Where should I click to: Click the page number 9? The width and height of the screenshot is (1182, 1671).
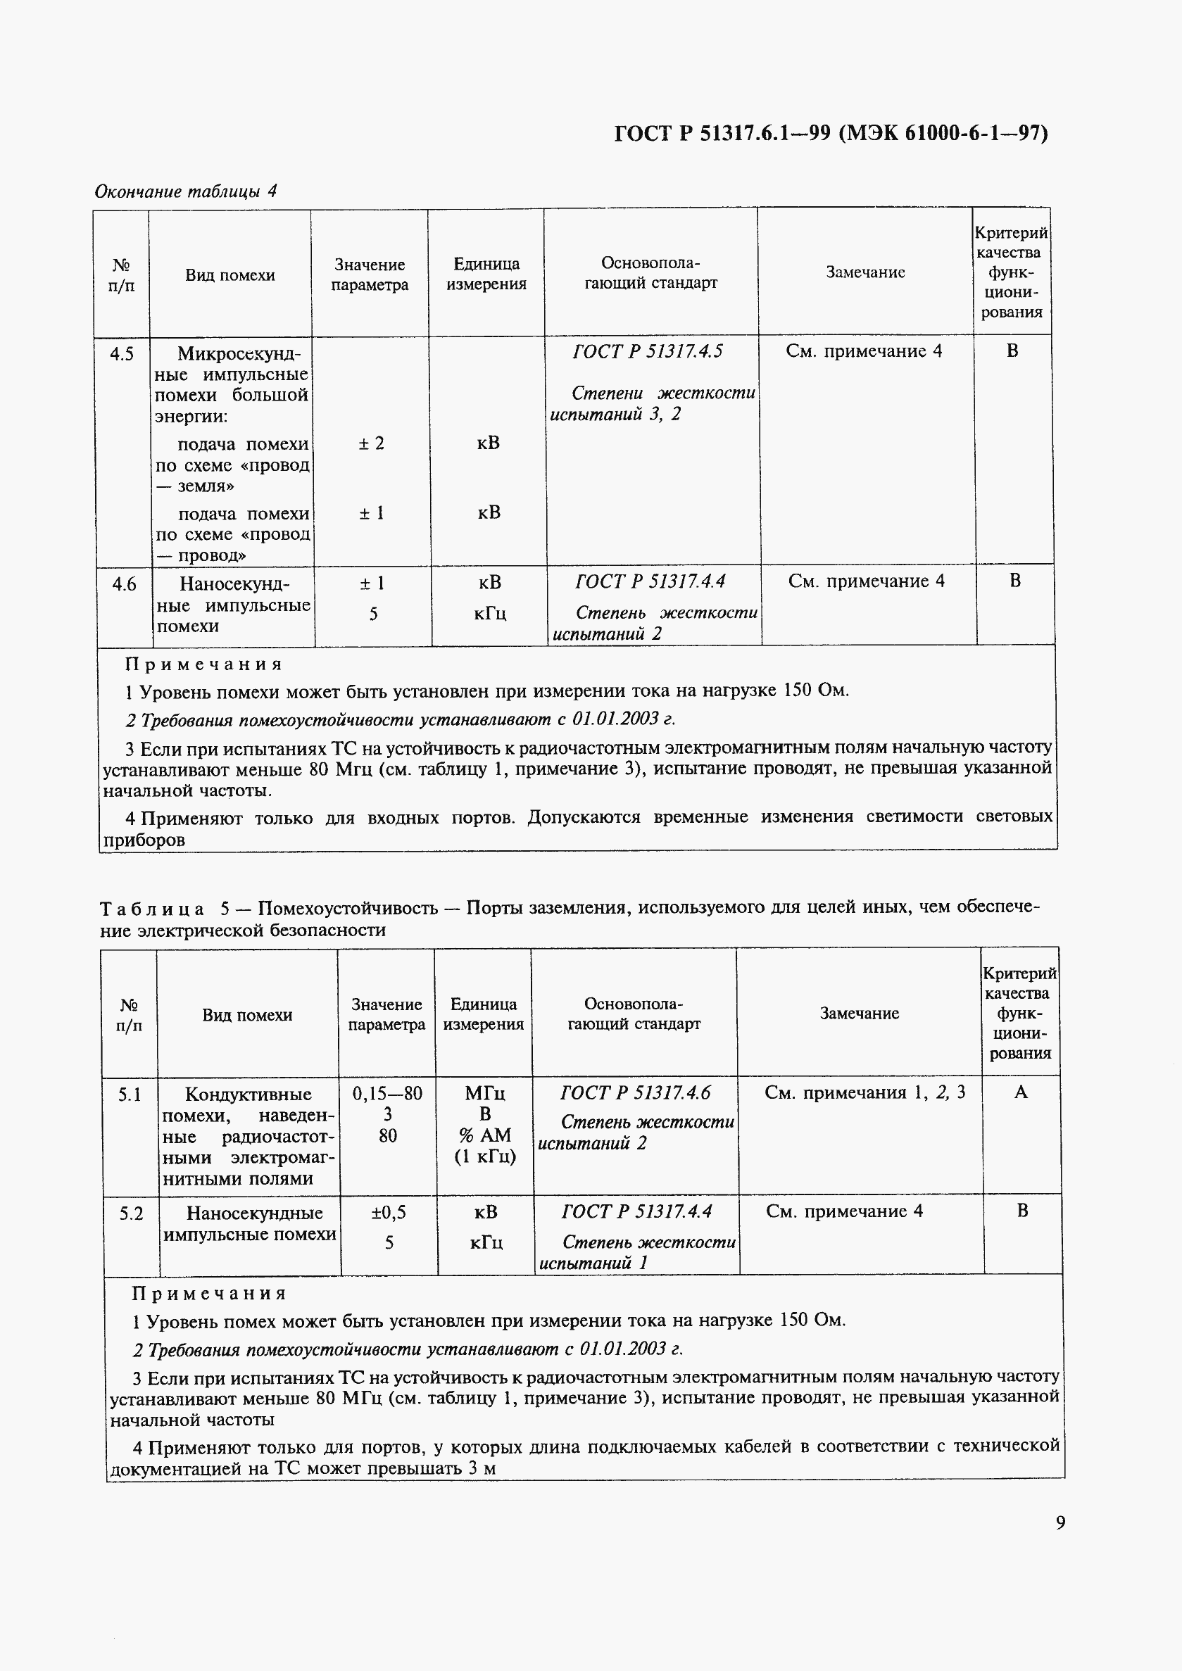pos(1060,1522)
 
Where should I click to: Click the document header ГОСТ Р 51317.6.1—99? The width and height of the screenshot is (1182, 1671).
pos(831,133)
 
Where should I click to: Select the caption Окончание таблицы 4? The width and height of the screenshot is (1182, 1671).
pos(186,191)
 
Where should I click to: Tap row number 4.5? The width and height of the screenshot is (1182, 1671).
pos(122,355)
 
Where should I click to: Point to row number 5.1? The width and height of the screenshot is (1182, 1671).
pos(130,1095)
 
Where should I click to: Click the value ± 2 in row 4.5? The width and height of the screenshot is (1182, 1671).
pos(371,443)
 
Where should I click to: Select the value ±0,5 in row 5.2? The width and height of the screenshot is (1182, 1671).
pos(389,1213)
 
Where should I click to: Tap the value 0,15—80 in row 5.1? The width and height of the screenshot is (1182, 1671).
pos(387,1094)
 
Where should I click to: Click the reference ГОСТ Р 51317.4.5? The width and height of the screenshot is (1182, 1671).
pos(648,351)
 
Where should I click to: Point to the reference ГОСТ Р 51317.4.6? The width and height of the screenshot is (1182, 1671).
pos(635,1092)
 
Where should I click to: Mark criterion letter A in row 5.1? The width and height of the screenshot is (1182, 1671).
pos(1020,1092)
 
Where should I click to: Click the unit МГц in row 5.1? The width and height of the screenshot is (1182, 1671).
pos(485,1093)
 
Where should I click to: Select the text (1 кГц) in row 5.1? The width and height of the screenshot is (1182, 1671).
pos(486,1156)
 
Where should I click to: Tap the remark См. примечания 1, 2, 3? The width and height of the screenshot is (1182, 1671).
pos(865,1092)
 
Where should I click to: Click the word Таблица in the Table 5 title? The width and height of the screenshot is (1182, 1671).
pos(152,908)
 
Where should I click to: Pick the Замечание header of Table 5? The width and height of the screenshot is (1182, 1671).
pos(859,1013)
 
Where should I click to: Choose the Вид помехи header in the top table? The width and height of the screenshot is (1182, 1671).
pos(230,275)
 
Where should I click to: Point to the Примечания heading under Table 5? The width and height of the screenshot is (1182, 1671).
pos(209,1293)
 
